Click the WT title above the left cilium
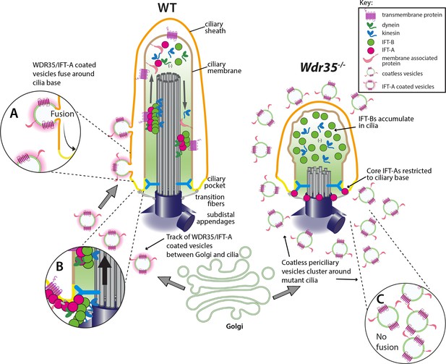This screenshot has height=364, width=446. coord(168,8)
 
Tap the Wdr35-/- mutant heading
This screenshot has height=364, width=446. coord(319,67)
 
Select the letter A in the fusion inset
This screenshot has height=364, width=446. coord(14,114)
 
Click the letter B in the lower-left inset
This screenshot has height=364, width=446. coord(59,266)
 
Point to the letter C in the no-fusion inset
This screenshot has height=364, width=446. coord(380,300)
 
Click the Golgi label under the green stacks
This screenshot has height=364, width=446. coord(234,326)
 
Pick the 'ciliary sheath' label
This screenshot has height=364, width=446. coord(215,27)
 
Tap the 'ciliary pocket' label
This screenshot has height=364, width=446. coord(216,182)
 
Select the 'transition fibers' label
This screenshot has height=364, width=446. coord(210,200)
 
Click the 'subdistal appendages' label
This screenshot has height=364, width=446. coord(215,218)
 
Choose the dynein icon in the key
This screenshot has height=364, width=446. coord(370,25)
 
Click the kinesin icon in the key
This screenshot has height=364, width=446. coord(370,33)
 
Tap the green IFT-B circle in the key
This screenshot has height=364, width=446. coord(370,42)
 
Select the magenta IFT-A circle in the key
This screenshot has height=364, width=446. coord(370,51)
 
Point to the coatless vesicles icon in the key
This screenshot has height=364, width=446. coord(370,73)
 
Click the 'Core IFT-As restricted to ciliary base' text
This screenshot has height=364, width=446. coord(399,174)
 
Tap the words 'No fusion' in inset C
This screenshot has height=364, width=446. coord(387,342)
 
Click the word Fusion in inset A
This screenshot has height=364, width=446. coord(62,114)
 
